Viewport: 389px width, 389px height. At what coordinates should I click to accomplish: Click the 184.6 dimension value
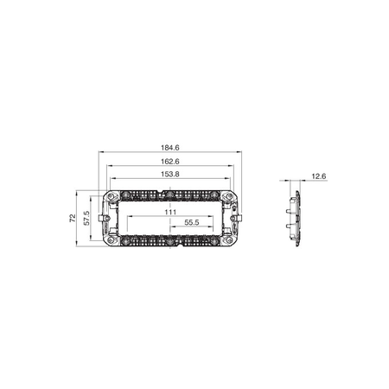pyautogui.click(x=170, y=148)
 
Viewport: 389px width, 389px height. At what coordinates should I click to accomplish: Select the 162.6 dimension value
pyautogui.click(x=170, y=162)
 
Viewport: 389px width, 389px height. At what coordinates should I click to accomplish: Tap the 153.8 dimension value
pyautogui.click(x=170, y=175)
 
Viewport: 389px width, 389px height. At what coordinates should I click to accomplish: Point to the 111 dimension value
pyautogui.click(x=170, y=212)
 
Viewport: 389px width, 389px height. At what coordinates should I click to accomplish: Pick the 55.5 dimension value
pyautogui.click(x=192, y=222)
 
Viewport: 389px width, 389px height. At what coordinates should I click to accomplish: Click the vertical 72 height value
pyautogui.click(x=73, y=218)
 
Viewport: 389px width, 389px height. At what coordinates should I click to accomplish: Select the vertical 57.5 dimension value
pyautogui.click(x=86, y=218)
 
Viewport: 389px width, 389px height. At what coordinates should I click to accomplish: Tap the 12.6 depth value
pyautogui.click(x=319, y=176)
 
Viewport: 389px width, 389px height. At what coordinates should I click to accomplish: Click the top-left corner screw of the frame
pyautogui.click(x=111, y=196)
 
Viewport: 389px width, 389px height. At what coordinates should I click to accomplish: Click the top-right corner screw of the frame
pyautogui.click(x=230, y=196)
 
